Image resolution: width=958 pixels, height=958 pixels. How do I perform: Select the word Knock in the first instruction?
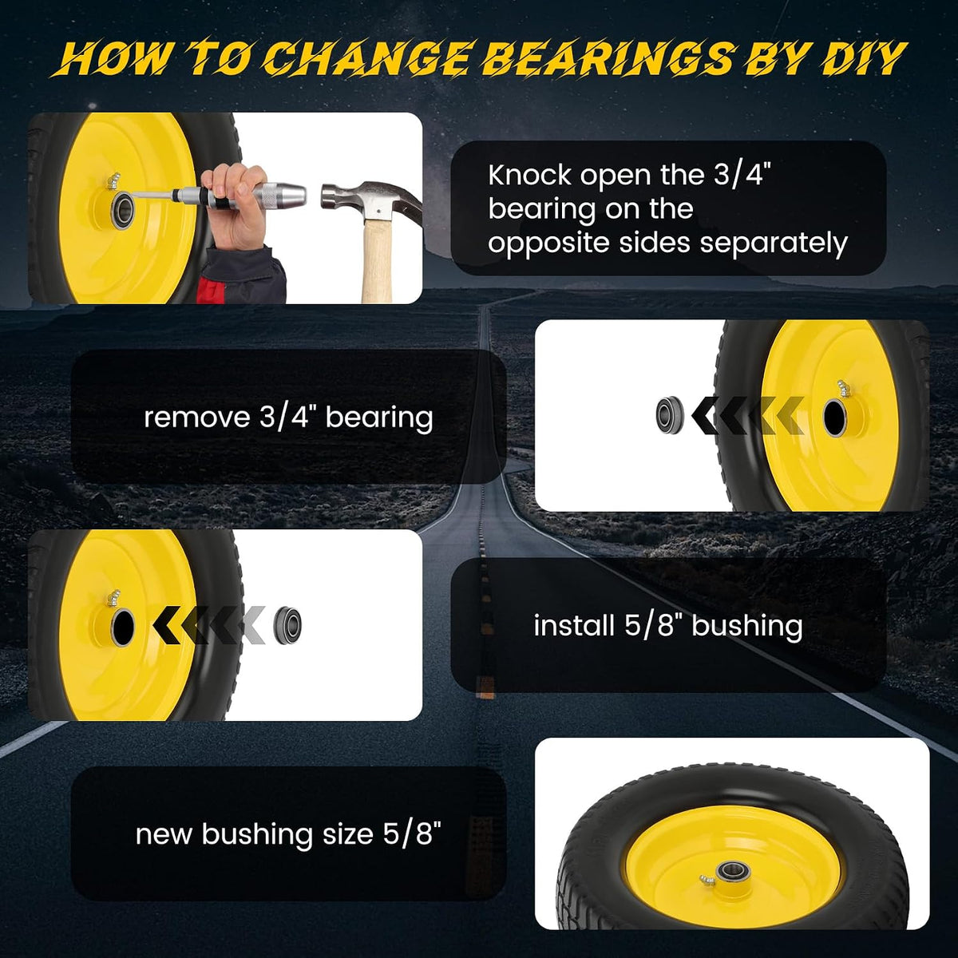(x=530, y=176)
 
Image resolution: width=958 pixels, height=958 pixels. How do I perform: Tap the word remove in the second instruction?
(x=197, y=418)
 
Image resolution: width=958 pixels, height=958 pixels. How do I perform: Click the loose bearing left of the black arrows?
(x=670, y=414)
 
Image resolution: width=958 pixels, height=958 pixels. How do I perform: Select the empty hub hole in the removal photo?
(x=833, y=418)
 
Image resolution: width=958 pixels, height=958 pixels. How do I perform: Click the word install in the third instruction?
(x=574, y=625)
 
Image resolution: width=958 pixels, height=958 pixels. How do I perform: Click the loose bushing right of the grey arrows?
(x=287, y=625)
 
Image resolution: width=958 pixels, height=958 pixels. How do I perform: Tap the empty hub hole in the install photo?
(x=122, y=628)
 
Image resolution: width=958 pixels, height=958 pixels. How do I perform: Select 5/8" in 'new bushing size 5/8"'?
(x=412, y=833)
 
